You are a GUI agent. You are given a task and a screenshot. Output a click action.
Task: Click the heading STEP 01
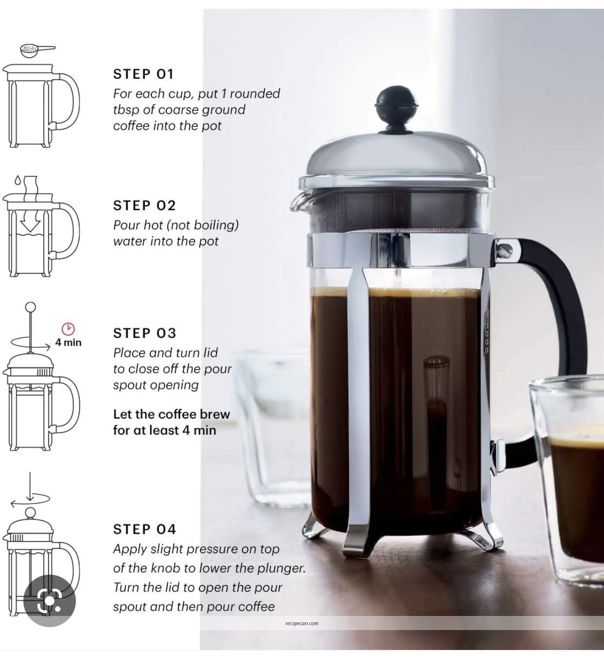pos(143,74)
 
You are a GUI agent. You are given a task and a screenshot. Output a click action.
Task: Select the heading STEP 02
pos(144,205)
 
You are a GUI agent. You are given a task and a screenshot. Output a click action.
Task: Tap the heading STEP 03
pos(144,333)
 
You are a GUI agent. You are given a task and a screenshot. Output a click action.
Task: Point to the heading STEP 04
pos(144,529)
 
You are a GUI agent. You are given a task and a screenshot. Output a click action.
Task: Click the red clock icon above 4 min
pos(68,329)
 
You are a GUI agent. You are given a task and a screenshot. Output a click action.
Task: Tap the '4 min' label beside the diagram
pos(68,342)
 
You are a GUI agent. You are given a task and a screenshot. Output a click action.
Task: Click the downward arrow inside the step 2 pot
pos(30,223)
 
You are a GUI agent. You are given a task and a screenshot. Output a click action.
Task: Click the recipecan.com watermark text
pos(302,623)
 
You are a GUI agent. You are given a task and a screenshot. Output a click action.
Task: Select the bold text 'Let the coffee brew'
pos(171,414)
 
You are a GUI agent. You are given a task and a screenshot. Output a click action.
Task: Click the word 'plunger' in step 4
pos(284,568)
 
